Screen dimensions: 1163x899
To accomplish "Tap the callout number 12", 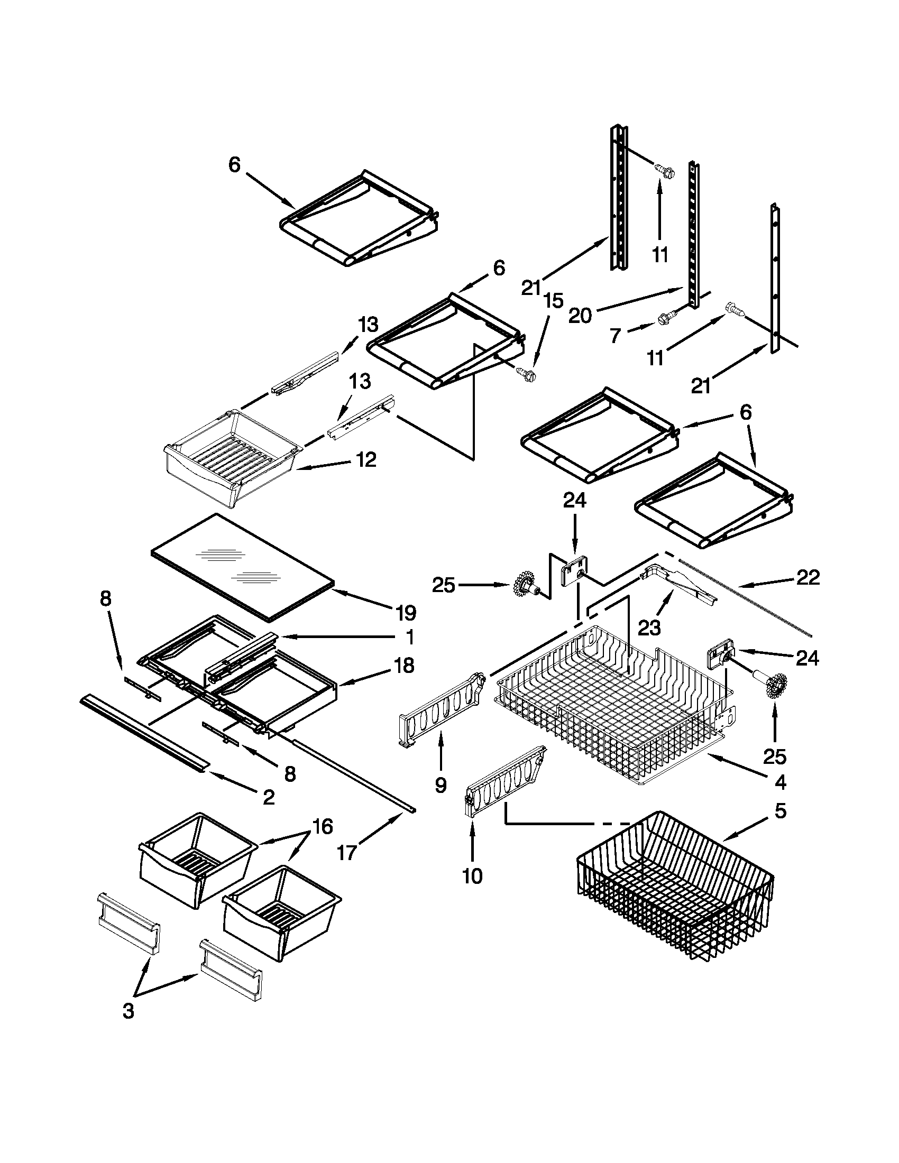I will coord(365,459).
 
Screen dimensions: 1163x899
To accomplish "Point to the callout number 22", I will coord(808,577).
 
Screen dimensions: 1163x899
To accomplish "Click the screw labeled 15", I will coord(526,374).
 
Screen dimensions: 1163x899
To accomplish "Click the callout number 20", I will coord(580,316).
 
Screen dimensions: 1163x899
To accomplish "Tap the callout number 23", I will coord(649,629).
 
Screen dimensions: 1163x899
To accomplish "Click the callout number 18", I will coord(405,665).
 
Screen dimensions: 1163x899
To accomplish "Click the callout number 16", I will coord(322,826).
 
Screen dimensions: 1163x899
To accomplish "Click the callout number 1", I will coord(409,637).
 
